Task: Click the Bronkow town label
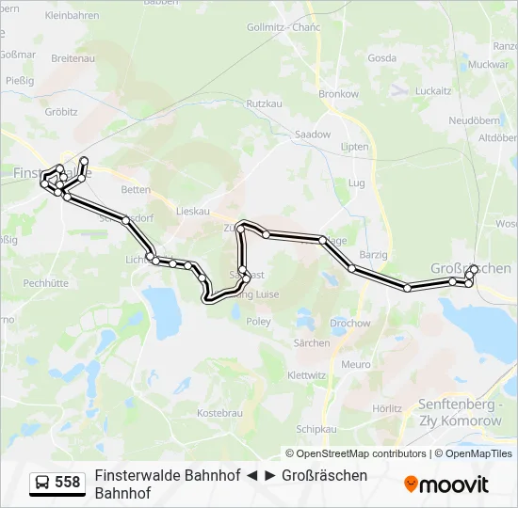point(339,94)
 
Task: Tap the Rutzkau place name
point(265,103)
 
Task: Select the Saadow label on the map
point(313,135)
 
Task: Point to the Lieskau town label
point(192,212)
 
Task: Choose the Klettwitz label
point(306,374)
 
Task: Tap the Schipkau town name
point(316,428)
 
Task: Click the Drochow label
point(350,323)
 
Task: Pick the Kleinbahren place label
point(73,16)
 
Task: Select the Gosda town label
point(382,57)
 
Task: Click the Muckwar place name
point(488,65)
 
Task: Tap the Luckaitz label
point(433,91)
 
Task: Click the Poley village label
point(258,322)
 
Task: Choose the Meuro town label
point(355,364)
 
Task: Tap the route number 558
point(68,483)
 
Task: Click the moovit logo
point(446,484)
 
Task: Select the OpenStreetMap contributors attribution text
point(356,453)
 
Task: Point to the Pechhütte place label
point(46,282)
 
